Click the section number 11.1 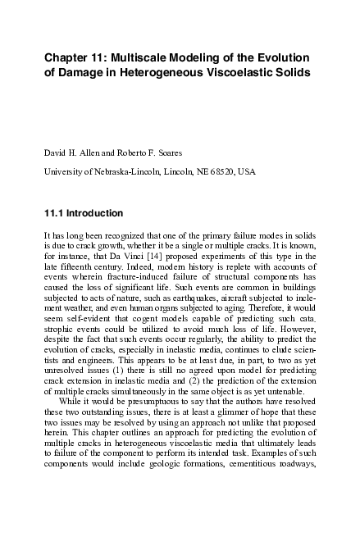(x=53, y=213)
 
